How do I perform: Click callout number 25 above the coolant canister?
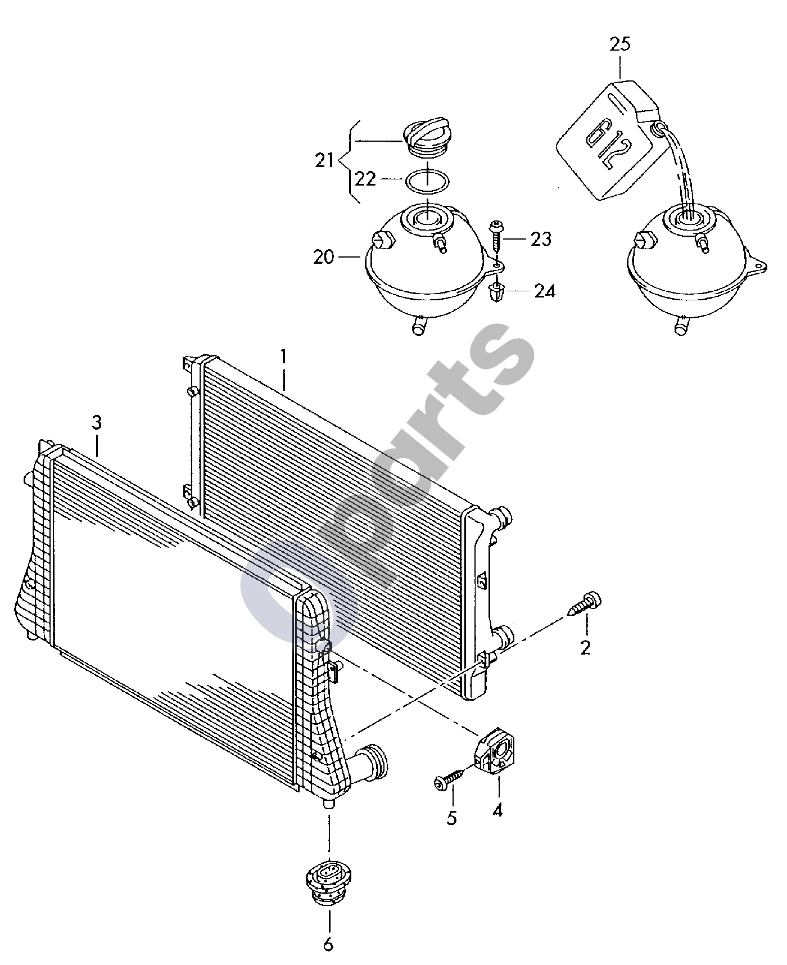620,45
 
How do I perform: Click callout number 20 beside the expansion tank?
324,257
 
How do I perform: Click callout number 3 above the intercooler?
97,423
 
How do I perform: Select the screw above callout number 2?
586,604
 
